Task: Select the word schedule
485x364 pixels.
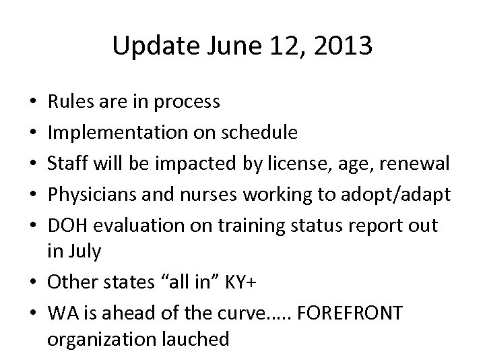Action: (260, 133)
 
